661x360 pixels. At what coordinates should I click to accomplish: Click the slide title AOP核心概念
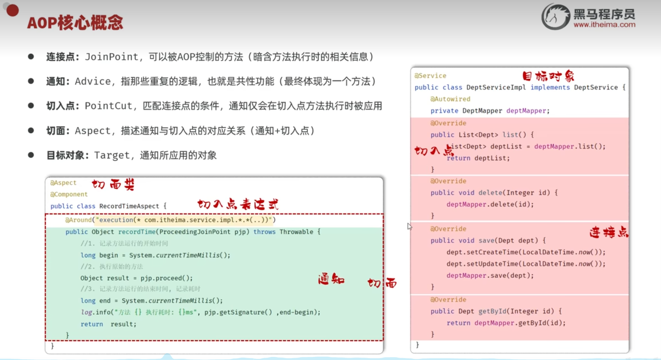click(75, 23)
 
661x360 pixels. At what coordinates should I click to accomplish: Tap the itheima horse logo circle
click(556, 17)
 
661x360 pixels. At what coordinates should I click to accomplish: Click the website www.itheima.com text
click(604, 25)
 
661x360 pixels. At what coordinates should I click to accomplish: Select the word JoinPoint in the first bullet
click(111, 57)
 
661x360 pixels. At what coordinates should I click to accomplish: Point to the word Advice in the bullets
click(93, 82)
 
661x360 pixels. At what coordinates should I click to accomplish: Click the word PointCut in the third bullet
click(108, 106)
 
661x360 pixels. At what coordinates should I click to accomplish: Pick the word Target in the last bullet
click(112, 155)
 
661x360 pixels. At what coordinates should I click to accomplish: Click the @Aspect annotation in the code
click(64, 183)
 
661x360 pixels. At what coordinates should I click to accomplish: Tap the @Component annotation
click(69, 194)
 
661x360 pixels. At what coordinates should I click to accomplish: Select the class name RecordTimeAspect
click(129, 206)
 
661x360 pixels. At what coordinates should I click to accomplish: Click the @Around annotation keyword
click(78, 220)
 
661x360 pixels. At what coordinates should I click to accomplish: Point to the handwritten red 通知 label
click(331, 279)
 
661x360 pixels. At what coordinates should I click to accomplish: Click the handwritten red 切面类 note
click(113, 185)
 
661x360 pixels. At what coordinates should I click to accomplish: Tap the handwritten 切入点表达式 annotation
click(238, 204)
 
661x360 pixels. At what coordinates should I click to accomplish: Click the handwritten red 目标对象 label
click(548, 76)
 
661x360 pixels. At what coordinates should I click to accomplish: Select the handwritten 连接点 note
click(609, 232)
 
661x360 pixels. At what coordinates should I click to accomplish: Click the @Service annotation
click(431, 76)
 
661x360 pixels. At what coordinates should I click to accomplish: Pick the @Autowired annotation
click(450, 99)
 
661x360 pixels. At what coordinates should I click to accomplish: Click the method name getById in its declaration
click(492, 311)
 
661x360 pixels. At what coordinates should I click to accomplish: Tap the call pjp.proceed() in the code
click(166, 278)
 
